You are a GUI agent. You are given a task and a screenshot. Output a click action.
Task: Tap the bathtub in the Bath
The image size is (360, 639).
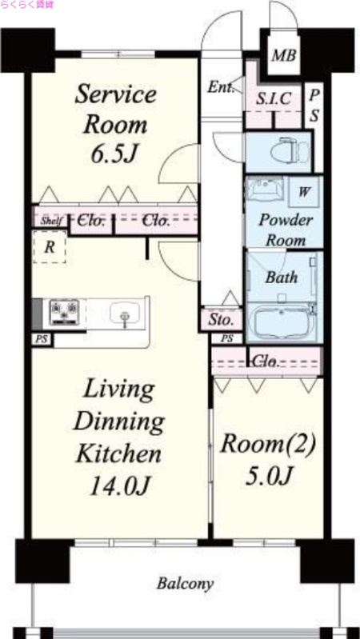[282, 323]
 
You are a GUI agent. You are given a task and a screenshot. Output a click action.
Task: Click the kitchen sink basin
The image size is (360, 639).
[125, 314]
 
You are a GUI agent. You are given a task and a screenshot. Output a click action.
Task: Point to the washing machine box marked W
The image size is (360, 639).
[304, 192]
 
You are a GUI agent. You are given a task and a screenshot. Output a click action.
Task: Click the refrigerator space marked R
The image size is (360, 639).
[50, 247]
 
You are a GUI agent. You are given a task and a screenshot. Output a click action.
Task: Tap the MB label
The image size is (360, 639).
[284, 55]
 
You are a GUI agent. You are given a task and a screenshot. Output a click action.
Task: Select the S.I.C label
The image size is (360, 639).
[274, 98]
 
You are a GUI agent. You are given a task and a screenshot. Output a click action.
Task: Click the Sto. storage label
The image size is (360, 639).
[221, 319]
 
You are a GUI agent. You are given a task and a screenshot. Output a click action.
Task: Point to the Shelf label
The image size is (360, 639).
[51, 222]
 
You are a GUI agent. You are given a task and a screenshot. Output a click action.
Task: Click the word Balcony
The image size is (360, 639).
[186, 584]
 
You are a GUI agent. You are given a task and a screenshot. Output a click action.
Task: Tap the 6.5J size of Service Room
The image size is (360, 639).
[113, 154]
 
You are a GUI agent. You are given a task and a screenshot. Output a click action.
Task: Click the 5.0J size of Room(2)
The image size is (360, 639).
[269, 475]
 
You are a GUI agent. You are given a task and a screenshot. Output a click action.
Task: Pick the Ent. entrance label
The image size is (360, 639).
[220, 87]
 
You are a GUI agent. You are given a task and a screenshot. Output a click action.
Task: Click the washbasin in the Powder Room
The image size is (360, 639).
[264, 190]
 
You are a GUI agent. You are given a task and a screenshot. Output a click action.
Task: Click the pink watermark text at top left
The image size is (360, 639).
[27, 5]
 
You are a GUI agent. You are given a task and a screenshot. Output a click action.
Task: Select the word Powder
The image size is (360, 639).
[286, 222]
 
